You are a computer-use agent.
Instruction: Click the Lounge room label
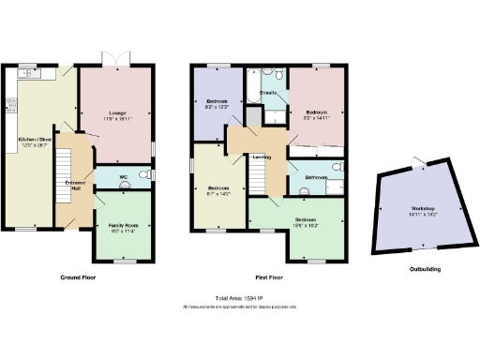117,112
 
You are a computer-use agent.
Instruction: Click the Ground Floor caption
81,277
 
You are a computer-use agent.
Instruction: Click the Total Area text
239,297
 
